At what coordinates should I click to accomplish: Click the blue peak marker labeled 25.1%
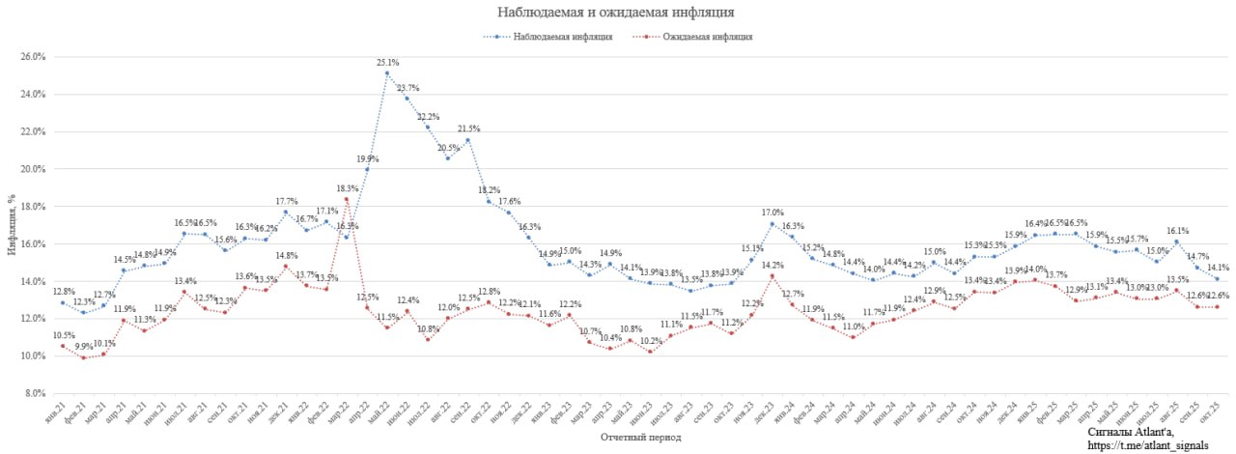pyautogui.click(x=387, y=73)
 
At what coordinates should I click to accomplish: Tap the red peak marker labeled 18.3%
pyautogui.click(x=347, y=199)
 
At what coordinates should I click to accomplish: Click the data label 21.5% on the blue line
pyautogui.click(x=468, y=128)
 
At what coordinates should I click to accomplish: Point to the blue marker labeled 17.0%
pyautogui.click(x=772, y=224)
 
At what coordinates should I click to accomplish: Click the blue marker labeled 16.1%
pyautogui.click(x=1177, y=241)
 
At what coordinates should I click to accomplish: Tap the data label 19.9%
pyautogui.click(x=367, y=158)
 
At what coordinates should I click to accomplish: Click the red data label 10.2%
pyautogui.click(x=651, y=340)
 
